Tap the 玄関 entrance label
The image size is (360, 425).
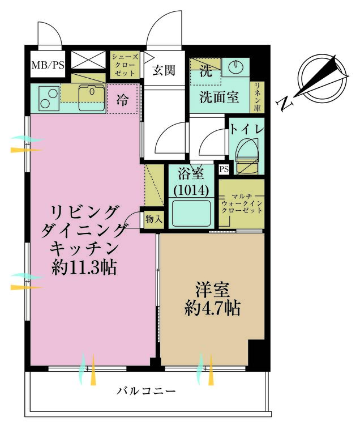[164, 71]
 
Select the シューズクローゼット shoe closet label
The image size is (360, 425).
[123, 65]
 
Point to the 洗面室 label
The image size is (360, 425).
[218, 97]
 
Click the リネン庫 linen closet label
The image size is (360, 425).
[256, 97]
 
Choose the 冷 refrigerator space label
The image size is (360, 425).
[122, 100]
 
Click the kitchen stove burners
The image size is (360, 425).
[46, 98]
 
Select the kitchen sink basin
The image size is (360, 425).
[91, 98]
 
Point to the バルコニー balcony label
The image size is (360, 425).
[146, 392]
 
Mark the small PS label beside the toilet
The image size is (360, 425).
[224, 169]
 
